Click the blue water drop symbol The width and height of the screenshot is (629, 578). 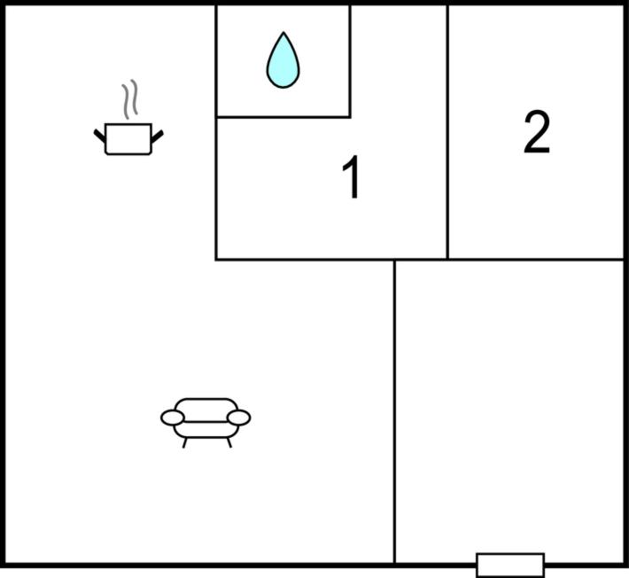click(x=283, y=60)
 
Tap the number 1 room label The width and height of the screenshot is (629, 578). click(x=352, y=177)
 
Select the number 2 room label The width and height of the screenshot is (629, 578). click(x=537, y=132)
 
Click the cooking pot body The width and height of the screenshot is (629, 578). click(x=128, y=139)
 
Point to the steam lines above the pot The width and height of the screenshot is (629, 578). click(x=130, y=99)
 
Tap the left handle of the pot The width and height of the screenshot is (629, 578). click(x=99, y=136)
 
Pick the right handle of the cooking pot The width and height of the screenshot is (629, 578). click(x=158, y=137)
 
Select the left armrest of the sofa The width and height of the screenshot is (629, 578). click(x=173, y=418)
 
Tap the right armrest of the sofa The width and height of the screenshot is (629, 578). click(x=238, y=418)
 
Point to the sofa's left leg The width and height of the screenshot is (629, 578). click(x=184, y=442)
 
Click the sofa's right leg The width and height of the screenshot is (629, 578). click(x=229, y=442)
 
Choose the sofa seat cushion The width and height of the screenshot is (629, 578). click(x=206, y=429)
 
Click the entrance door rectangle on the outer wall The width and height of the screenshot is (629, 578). click(x=510, y=566)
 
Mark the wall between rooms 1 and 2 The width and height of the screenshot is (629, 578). click(x=447, y=132)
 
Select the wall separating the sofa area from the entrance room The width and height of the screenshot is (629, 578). click(x=395, y=411)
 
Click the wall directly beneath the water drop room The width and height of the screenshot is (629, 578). click(x=283, y=117)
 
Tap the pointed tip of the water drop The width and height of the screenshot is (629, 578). click(x=283, y=32)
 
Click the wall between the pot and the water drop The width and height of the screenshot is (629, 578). click(x=216, y=132)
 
